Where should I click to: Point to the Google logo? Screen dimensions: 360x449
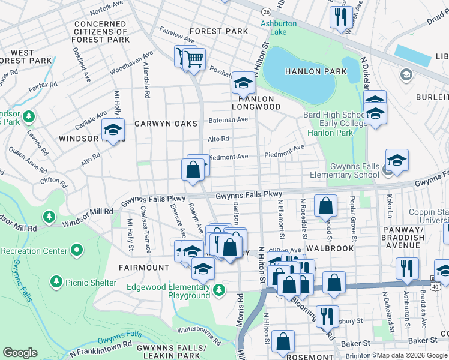click(20, 353)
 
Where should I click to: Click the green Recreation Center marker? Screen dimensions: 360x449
click(76, 249)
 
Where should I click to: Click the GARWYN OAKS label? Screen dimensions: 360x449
click(166, 124)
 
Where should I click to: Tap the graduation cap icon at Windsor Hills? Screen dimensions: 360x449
click(112, 130)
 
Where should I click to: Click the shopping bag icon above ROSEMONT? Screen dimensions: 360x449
click(283, 341)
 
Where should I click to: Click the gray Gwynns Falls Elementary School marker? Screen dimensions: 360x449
click(388, 171)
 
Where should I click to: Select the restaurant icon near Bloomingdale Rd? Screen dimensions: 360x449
click(327, 316)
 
